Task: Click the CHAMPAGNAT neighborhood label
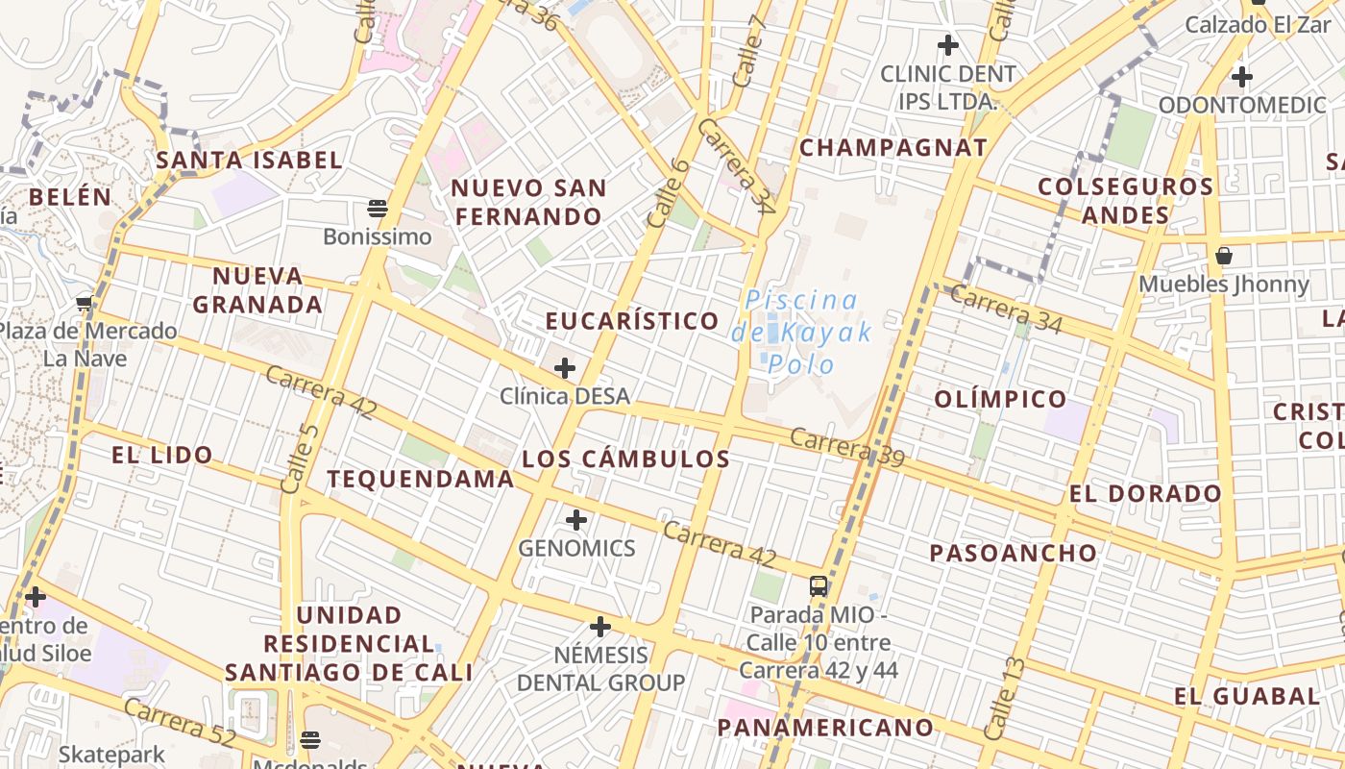(x=893, y=147)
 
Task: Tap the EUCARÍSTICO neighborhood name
(x=632, y=320)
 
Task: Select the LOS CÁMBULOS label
(x=625, y=459)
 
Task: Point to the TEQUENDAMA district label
(x=420, y=478)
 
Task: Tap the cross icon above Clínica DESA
(x=565, y=367)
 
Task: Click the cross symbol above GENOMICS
(x=576, y=520)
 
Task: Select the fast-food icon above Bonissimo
(x=377, y=208)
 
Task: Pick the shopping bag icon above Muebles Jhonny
(x=1224, y=256)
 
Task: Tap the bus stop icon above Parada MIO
(x=819, y=585)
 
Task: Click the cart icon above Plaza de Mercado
(x=84, y=304)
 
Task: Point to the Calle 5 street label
(x=299, y=459)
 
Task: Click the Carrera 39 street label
(x=846, y=447)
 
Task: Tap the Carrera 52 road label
(x=180, y=724)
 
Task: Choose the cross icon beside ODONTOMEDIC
(x=1242, y=76)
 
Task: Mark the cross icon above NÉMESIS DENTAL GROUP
(x=600, y=628)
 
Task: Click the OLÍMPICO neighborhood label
(x=1000, y=398)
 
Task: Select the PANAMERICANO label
(x=825, y=727)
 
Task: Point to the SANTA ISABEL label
(x=249, y=160)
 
